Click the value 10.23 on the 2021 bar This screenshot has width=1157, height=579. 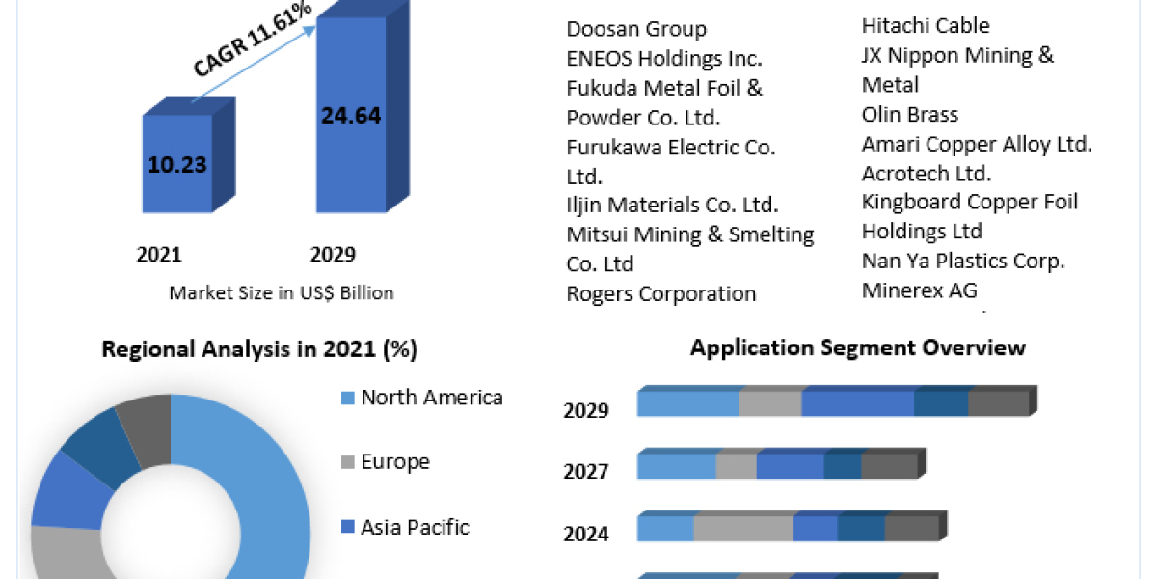click(x=177, y=164)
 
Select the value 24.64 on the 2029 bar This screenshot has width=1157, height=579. click(x=351, y=116)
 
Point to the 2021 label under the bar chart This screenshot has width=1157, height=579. click(x=159, y=255)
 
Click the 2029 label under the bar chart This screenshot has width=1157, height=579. click(x=333, y=255)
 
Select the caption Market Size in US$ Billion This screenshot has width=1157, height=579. click(x=282, y=292)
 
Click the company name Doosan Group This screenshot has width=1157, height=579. click(x=636, y=29)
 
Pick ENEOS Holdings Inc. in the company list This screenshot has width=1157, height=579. click(x=664, y=58)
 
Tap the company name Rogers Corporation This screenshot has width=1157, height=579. click(x=661, y=293)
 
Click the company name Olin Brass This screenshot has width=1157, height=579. click(x=910, y=114)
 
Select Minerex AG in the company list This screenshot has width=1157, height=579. click(x=919, y=289)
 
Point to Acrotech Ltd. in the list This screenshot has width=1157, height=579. click(x=927, y=173)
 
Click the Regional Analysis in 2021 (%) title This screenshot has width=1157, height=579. click(x=259, y=349)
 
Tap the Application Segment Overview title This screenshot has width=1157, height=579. click(x=858, y=347)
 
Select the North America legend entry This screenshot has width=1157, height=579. click(x=431, y=397)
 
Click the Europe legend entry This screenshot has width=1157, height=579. click(x=394, y=461)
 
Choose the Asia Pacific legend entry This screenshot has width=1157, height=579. click(x=415, y=527)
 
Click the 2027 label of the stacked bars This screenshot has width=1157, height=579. click(x=586, y=471)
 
